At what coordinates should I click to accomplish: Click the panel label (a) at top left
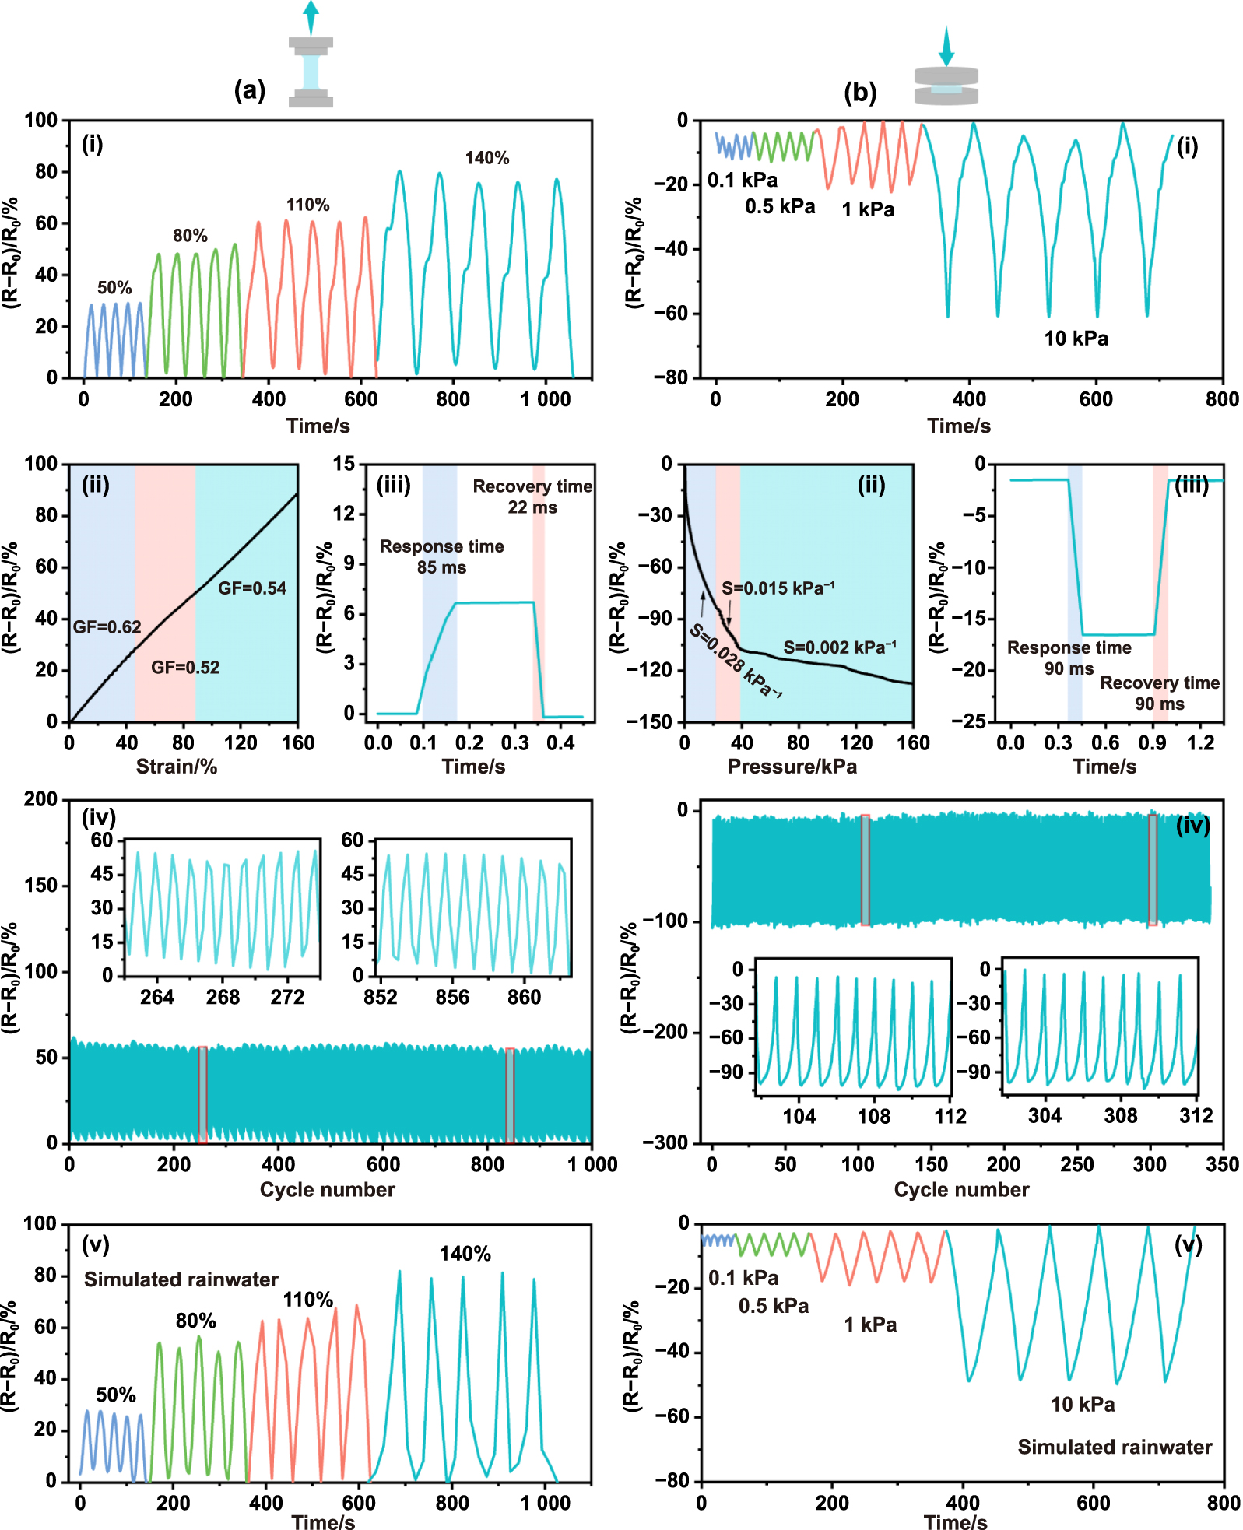pos(250,90)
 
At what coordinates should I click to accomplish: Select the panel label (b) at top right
pos(860,93)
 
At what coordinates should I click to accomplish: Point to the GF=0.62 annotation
pos(107,626)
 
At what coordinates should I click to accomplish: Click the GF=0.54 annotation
pos(252,588)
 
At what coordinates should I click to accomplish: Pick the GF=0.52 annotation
pos(185,667)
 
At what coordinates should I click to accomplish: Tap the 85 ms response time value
pos(441,567)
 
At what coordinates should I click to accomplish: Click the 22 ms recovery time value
pos(532,507)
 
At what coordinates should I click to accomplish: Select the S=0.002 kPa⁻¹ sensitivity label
pos(840,647)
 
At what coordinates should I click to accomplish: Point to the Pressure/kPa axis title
pos(792,767)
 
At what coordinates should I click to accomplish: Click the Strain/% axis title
pos(177,767)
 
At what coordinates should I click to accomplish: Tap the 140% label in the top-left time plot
pos(487,158)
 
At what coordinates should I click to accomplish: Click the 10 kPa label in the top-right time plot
pos(1076,339)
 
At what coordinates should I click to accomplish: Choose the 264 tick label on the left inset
pos(157,998)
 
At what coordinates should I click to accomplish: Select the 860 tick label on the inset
pos(524,998)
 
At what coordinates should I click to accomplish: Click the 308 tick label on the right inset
pos(1121,1116)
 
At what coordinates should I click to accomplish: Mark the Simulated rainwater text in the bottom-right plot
pos(1115,1447)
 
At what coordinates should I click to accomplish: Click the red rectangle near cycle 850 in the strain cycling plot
pos(510,1095)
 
